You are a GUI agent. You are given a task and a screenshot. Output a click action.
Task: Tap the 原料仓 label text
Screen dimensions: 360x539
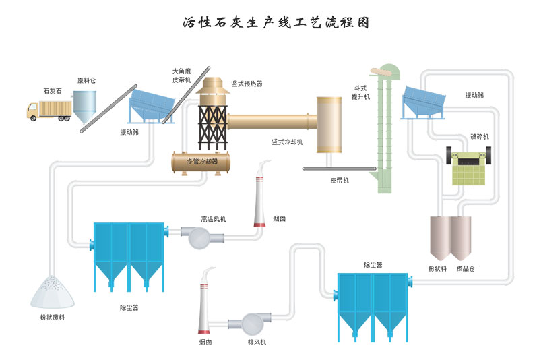point(86,80)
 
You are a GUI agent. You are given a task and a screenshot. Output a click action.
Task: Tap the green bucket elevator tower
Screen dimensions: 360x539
point(383,128)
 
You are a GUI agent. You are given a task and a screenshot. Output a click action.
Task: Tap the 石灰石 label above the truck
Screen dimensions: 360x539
point(53,90)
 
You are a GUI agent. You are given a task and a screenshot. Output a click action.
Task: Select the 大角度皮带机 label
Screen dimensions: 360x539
point(182,75)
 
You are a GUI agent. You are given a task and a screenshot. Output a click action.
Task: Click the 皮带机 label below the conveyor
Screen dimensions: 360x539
point(339,180)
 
